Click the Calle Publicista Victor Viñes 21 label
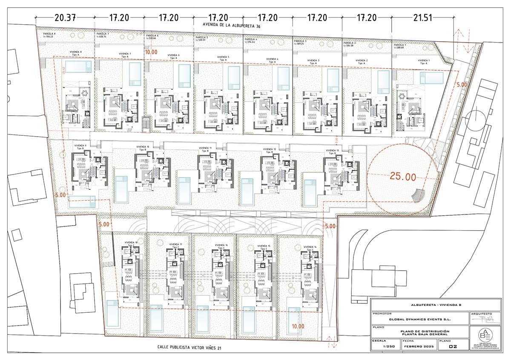(190, 348)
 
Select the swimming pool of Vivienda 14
(293, 317)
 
